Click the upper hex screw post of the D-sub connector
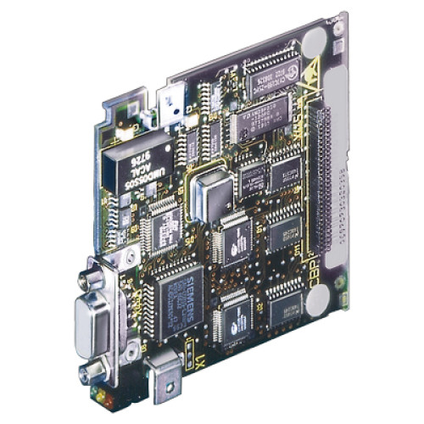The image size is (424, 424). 87,276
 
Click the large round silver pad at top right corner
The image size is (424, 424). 314,40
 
